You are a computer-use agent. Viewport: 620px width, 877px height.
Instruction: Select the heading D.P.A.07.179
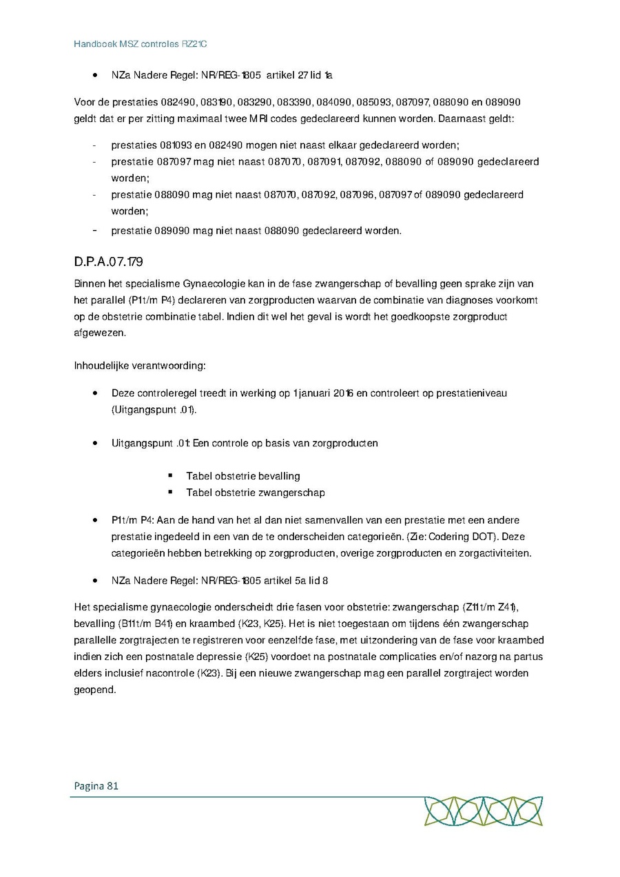108,262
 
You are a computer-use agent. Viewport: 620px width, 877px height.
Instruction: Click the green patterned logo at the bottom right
482,811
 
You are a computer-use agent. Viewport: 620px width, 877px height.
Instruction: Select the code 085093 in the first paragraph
371,102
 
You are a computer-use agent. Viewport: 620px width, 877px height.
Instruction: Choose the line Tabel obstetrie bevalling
242,476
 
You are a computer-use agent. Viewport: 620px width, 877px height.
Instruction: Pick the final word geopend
95,690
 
